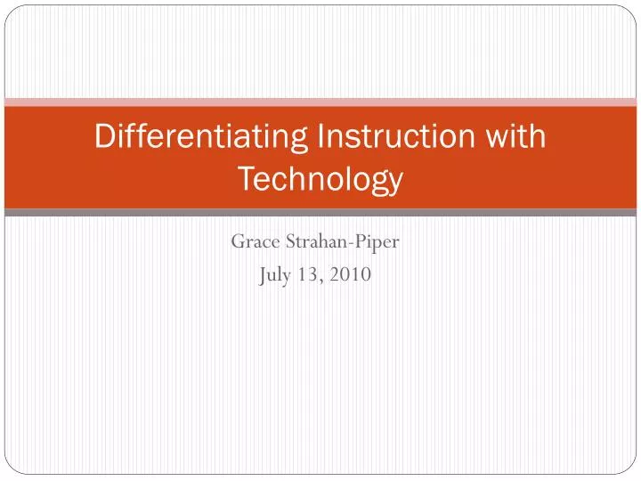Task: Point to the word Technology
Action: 320,180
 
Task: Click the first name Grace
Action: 255,241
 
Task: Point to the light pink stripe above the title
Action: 320,102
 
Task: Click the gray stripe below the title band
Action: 320,213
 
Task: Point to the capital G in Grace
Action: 238,241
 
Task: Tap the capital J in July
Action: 263,276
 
